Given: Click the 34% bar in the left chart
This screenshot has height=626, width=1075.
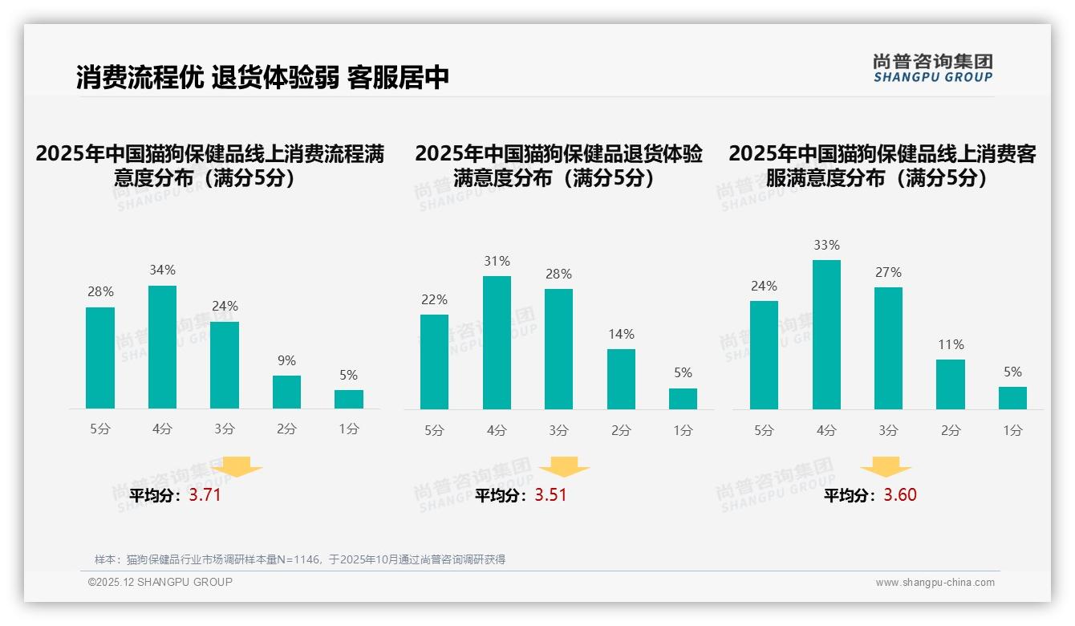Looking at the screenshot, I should click(162, 347).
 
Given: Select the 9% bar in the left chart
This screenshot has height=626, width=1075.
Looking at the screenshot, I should click(286, 392).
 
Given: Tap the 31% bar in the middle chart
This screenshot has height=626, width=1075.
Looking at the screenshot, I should click(497, 343).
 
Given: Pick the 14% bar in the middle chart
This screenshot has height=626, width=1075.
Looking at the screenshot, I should click(621, 379).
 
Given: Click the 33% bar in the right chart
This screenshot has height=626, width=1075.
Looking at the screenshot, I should click(826, 335).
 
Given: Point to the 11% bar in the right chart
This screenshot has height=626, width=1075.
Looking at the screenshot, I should click(951, 384).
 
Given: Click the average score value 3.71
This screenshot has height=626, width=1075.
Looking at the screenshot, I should click(205, 495).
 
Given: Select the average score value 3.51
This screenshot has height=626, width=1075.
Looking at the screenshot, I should click(550, 495).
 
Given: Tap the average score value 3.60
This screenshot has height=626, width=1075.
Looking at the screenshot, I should click(900, 495).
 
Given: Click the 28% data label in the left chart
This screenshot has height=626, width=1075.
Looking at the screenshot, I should click(100, 292).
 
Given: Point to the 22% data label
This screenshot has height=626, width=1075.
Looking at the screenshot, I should click(434, 300).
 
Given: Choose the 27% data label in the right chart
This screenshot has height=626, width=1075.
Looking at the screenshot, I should click(888, 273).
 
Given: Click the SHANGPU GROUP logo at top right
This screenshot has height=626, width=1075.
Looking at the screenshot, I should click(932, 68).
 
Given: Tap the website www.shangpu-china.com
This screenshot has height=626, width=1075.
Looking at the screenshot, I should click(935, 583).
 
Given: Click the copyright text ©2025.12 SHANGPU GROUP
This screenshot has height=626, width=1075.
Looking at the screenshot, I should click(160, 582).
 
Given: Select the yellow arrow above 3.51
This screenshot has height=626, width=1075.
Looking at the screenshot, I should click(564, 467).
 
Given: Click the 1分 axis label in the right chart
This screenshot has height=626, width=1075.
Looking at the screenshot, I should click(1012, 431).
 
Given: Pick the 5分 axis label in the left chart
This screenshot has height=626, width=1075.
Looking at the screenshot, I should click(100, 429).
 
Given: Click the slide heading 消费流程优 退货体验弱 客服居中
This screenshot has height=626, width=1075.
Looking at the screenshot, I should click(262, 77).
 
